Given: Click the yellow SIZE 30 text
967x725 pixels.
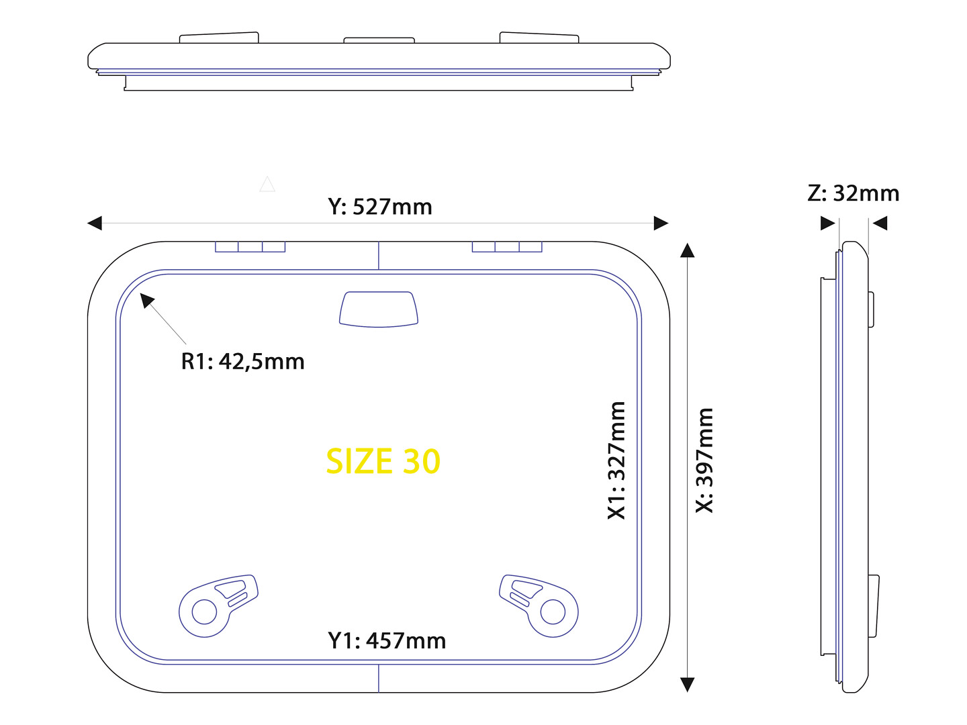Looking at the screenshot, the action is coord(382,461).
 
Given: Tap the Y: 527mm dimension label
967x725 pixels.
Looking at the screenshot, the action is coord(380,207).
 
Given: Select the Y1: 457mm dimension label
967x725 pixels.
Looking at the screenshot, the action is coord(387,640).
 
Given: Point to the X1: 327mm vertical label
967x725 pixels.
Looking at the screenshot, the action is coord(616,461).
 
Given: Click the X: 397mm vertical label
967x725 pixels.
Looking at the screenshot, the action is coord(704,461).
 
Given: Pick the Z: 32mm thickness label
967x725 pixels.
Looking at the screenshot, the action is coord(853,193).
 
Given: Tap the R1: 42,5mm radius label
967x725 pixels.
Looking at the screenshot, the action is coord(242,361).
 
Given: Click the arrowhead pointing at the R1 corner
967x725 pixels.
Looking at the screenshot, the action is coord(146,301).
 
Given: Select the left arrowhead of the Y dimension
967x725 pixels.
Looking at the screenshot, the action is coord(95,223).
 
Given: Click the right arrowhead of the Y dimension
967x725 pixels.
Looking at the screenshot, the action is coord(661,223).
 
